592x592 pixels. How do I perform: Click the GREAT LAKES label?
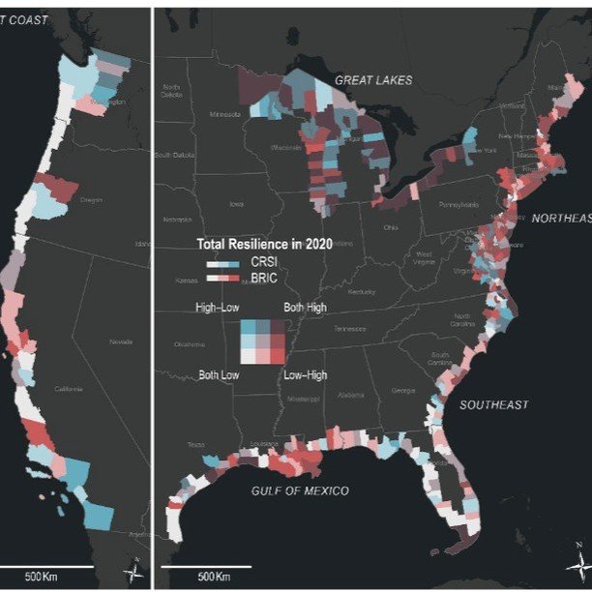(x=373, y=79)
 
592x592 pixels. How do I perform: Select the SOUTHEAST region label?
(x=493, y=404)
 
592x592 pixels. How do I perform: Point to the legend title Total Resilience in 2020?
(x=264, y=245)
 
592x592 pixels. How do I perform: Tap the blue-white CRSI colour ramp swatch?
(x=222, y=263)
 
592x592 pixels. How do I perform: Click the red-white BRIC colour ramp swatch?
(x=222, y=278)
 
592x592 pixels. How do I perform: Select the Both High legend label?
(x=305, y=308)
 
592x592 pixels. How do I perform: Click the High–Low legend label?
(x=218, y=308)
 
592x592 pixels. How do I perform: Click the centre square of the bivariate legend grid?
(x=262, y=340)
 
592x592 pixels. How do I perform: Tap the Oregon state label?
(x=91, y=199)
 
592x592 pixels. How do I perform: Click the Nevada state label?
(x=120, y=341)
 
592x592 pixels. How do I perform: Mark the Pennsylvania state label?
(x=444, y=204)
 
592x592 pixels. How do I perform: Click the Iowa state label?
(x=237, y=204)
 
